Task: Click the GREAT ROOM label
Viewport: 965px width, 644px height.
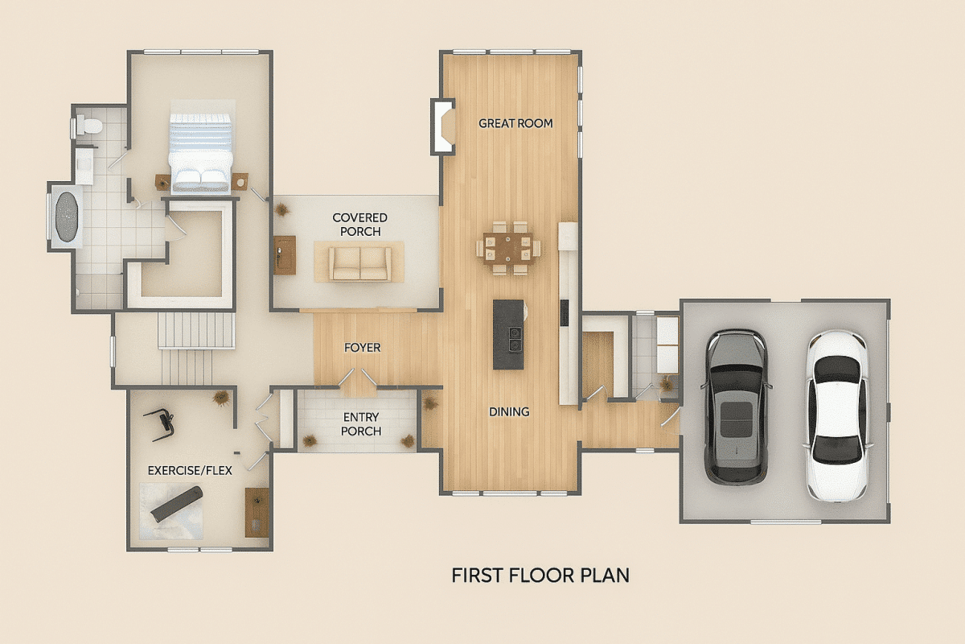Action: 515,123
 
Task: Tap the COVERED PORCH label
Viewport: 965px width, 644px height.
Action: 359,225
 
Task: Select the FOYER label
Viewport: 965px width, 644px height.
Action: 362,348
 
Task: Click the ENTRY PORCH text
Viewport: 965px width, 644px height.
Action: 362,424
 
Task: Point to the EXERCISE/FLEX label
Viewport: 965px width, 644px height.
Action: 190,470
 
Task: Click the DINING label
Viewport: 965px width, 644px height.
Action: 509,412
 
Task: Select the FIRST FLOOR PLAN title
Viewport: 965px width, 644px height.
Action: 540,576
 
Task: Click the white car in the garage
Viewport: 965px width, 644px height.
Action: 837,415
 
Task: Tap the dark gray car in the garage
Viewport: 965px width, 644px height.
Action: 736,407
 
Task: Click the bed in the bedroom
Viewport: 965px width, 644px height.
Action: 200,153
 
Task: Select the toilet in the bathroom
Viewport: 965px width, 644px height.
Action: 88,126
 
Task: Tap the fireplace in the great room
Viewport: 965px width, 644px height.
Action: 443,126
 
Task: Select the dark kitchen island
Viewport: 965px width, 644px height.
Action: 508,334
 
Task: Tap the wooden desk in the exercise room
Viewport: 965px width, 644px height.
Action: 257,512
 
